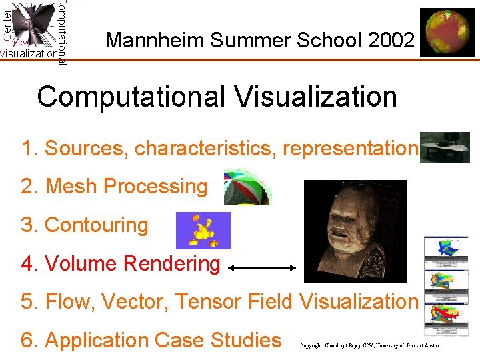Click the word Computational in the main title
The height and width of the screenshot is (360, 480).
point(131,97)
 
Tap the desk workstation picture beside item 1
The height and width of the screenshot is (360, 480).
point(445,147)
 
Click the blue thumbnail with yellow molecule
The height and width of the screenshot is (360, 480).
point(203,230)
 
